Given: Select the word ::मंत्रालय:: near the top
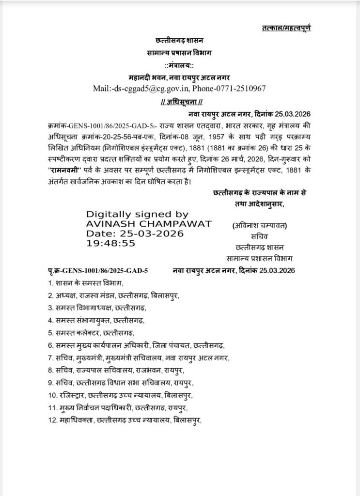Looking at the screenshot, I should [x=180, y=65].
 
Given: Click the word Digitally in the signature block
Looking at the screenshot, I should [x=109, y=214].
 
